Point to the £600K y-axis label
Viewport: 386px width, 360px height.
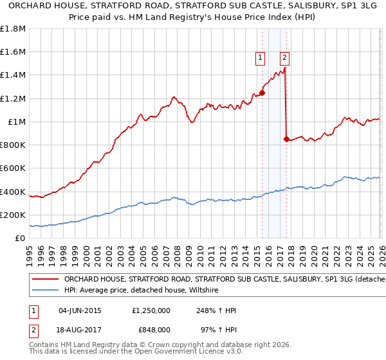pyautogui.click(x=13, y=168)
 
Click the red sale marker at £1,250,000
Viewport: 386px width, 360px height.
pyautogui.click(x=262, y=93)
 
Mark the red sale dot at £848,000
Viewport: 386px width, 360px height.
pyautogui.click(x=286, y=139)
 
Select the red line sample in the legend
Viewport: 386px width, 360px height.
pyautogui.click(x=46, y=280)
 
